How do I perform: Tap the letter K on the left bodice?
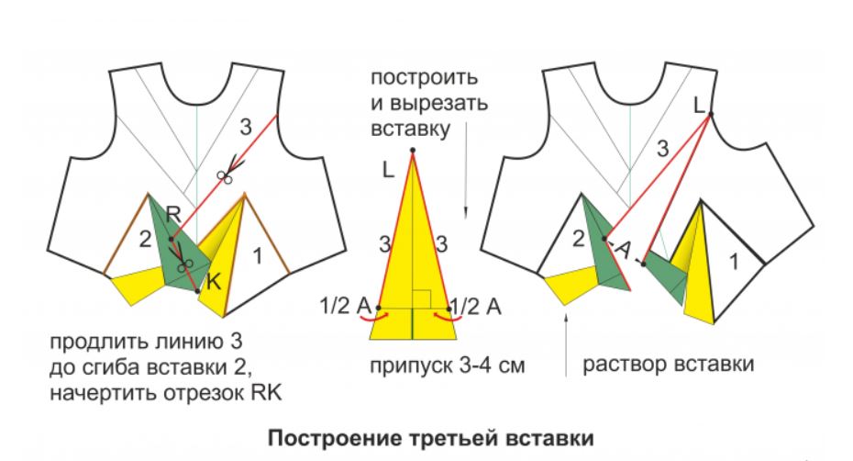coord(214,285)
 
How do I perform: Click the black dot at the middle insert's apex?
coord(414,150)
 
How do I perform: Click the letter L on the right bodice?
coord(699,107)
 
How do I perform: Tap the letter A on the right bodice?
coord(624,251)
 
